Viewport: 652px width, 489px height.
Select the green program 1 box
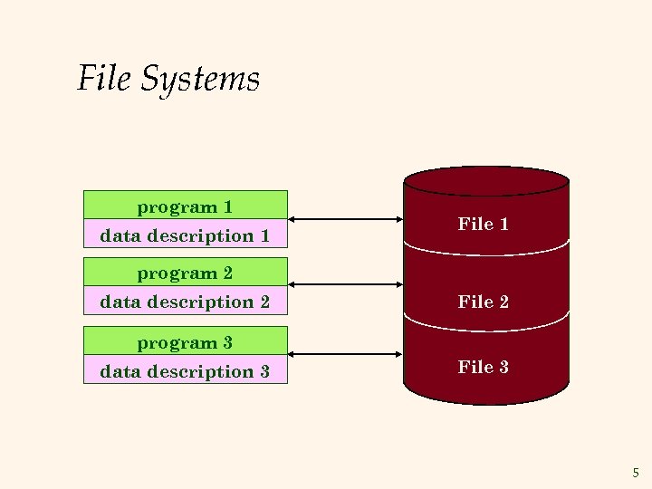click(185, 206)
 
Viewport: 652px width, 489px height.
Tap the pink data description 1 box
click(185, 235)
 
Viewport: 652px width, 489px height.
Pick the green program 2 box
click(185, 272)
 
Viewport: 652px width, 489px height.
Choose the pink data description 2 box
click(185, 301)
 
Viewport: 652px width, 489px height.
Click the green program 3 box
click(185, 341)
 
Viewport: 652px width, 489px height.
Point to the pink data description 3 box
click(185, 370)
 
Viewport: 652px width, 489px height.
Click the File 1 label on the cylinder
click(484, 224)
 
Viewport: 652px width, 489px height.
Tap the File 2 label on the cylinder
click(484, 302)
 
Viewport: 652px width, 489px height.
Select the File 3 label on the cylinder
click(484, 367)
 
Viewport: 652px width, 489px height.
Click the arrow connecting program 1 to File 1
click(345, 219)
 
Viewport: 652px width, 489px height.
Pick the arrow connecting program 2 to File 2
click(345, 284)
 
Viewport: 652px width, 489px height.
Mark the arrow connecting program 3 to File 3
click(345, 354)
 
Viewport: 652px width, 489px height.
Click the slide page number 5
click(635, 472)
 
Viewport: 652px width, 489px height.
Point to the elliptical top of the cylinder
click(486, 180)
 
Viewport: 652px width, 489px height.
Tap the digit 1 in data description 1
click(264, 235)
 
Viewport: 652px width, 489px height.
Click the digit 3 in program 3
click(227, 342)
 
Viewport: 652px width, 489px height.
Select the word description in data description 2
click(195, 302)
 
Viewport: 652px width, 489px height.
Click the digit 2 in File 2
click(503, 302)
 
